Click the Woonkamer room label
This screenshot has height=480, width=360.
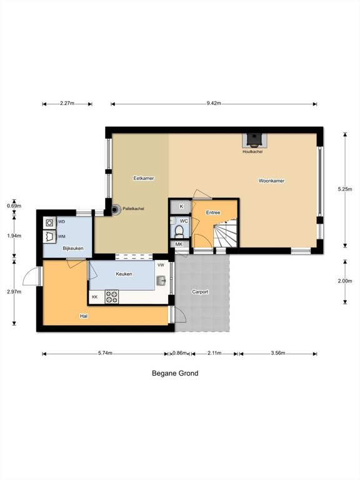pos(271,181)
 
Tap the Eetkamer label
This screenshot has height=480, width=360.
pos(144,178)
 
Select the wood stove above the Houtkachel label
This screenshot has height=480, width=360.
pos(253,140)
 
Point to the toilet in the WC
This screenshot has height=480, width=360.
pos(179,231)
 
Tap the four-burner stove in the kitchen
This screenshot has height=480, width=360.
pos(112,297)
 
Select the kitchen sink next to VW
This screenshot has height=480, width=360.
pos(161,280)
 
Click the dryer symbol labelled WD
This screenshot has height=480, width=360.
pos(49,223)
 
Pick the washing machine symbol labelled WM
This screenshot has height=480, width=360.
pos(49,237)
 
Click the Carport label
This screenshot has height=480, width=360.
pos(200,292)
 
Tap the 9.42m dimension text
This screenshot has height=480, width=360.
pos(214,104)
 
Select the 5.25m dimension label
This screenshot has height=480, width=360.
pos(345,189)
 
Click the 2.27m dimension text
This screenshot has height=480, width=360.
pos(67,104)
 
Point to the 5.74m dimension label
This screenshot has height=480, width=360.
pos(105,353)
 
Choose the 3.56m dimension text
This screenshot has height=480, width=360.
pos(278,353)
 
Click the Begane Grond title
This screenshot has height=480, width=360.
pos(175,373)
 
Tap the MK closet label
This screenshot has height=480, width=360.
pos(179,244)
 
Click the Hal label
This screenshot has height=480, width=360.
pos(84,316)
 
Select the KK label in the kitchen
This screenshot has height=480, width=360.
pos(95,297)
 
